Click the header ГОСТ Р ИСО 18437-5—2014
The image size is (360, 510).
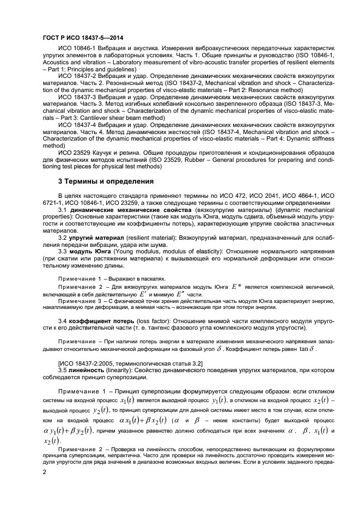(x=82, y=38)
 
